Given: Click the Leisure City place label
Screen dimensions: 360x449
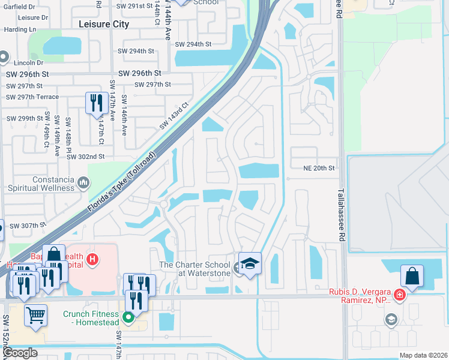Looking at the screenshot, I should pyautogui.click(x=104, y=25).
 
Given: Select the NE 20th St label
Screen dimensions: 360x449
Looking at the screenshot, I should pyautogui.click(x=318, y=169).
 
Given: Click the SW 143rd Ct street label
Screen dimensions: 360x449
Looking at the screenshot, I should pyautogui.click(x=175, y=116).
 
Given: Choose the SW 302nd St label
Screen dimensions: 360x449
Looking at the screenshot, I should pyautogui.click(x=85, y=157).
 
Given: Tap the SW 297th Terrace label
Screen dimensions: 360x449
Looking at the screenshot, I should pyautogui.click(x=32, y=97).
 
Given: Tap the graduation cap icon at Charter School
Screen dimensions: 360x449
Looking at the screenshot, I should pyautogui.click(x=250, y=262).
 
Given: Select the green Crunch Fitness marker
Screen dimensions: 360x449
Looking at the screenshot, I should pyautogui.click(x=128, y=316).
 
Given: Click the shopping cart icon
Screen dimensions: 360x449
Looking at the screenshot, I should pyautogui.click(x=36, y=313).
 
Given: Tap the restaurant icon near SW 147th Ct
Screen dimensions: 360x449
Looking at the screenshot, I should pyautogui.click(x=96, y=103).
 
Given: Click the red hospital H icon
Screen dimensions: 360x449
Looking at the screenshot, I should pyautogui.click(x=92, y=260).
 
